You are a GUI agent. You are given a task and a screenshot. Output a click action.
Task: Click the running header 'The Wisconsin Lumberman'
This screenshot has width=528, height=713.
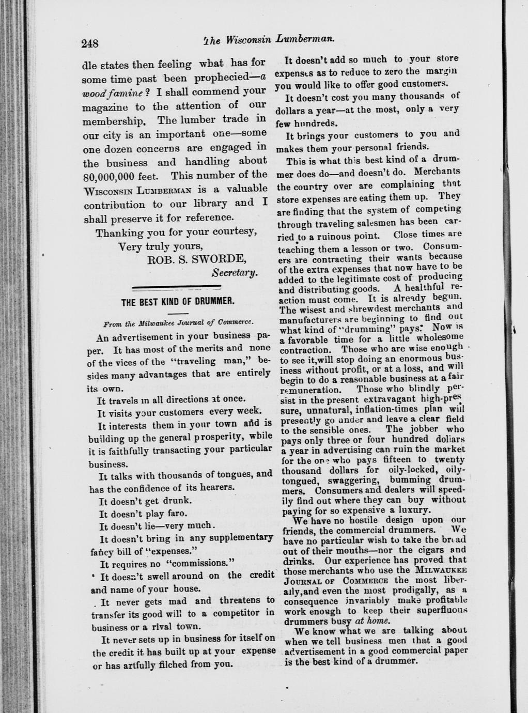coord(268,39)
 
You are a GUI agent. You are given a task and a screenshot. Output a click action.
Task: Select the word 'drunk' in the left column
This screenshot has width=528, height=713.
coord(177,501)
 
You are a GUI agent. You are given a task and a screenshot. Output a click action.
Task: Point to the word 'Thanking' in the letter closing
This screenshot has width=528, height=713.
coord(118,233)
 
